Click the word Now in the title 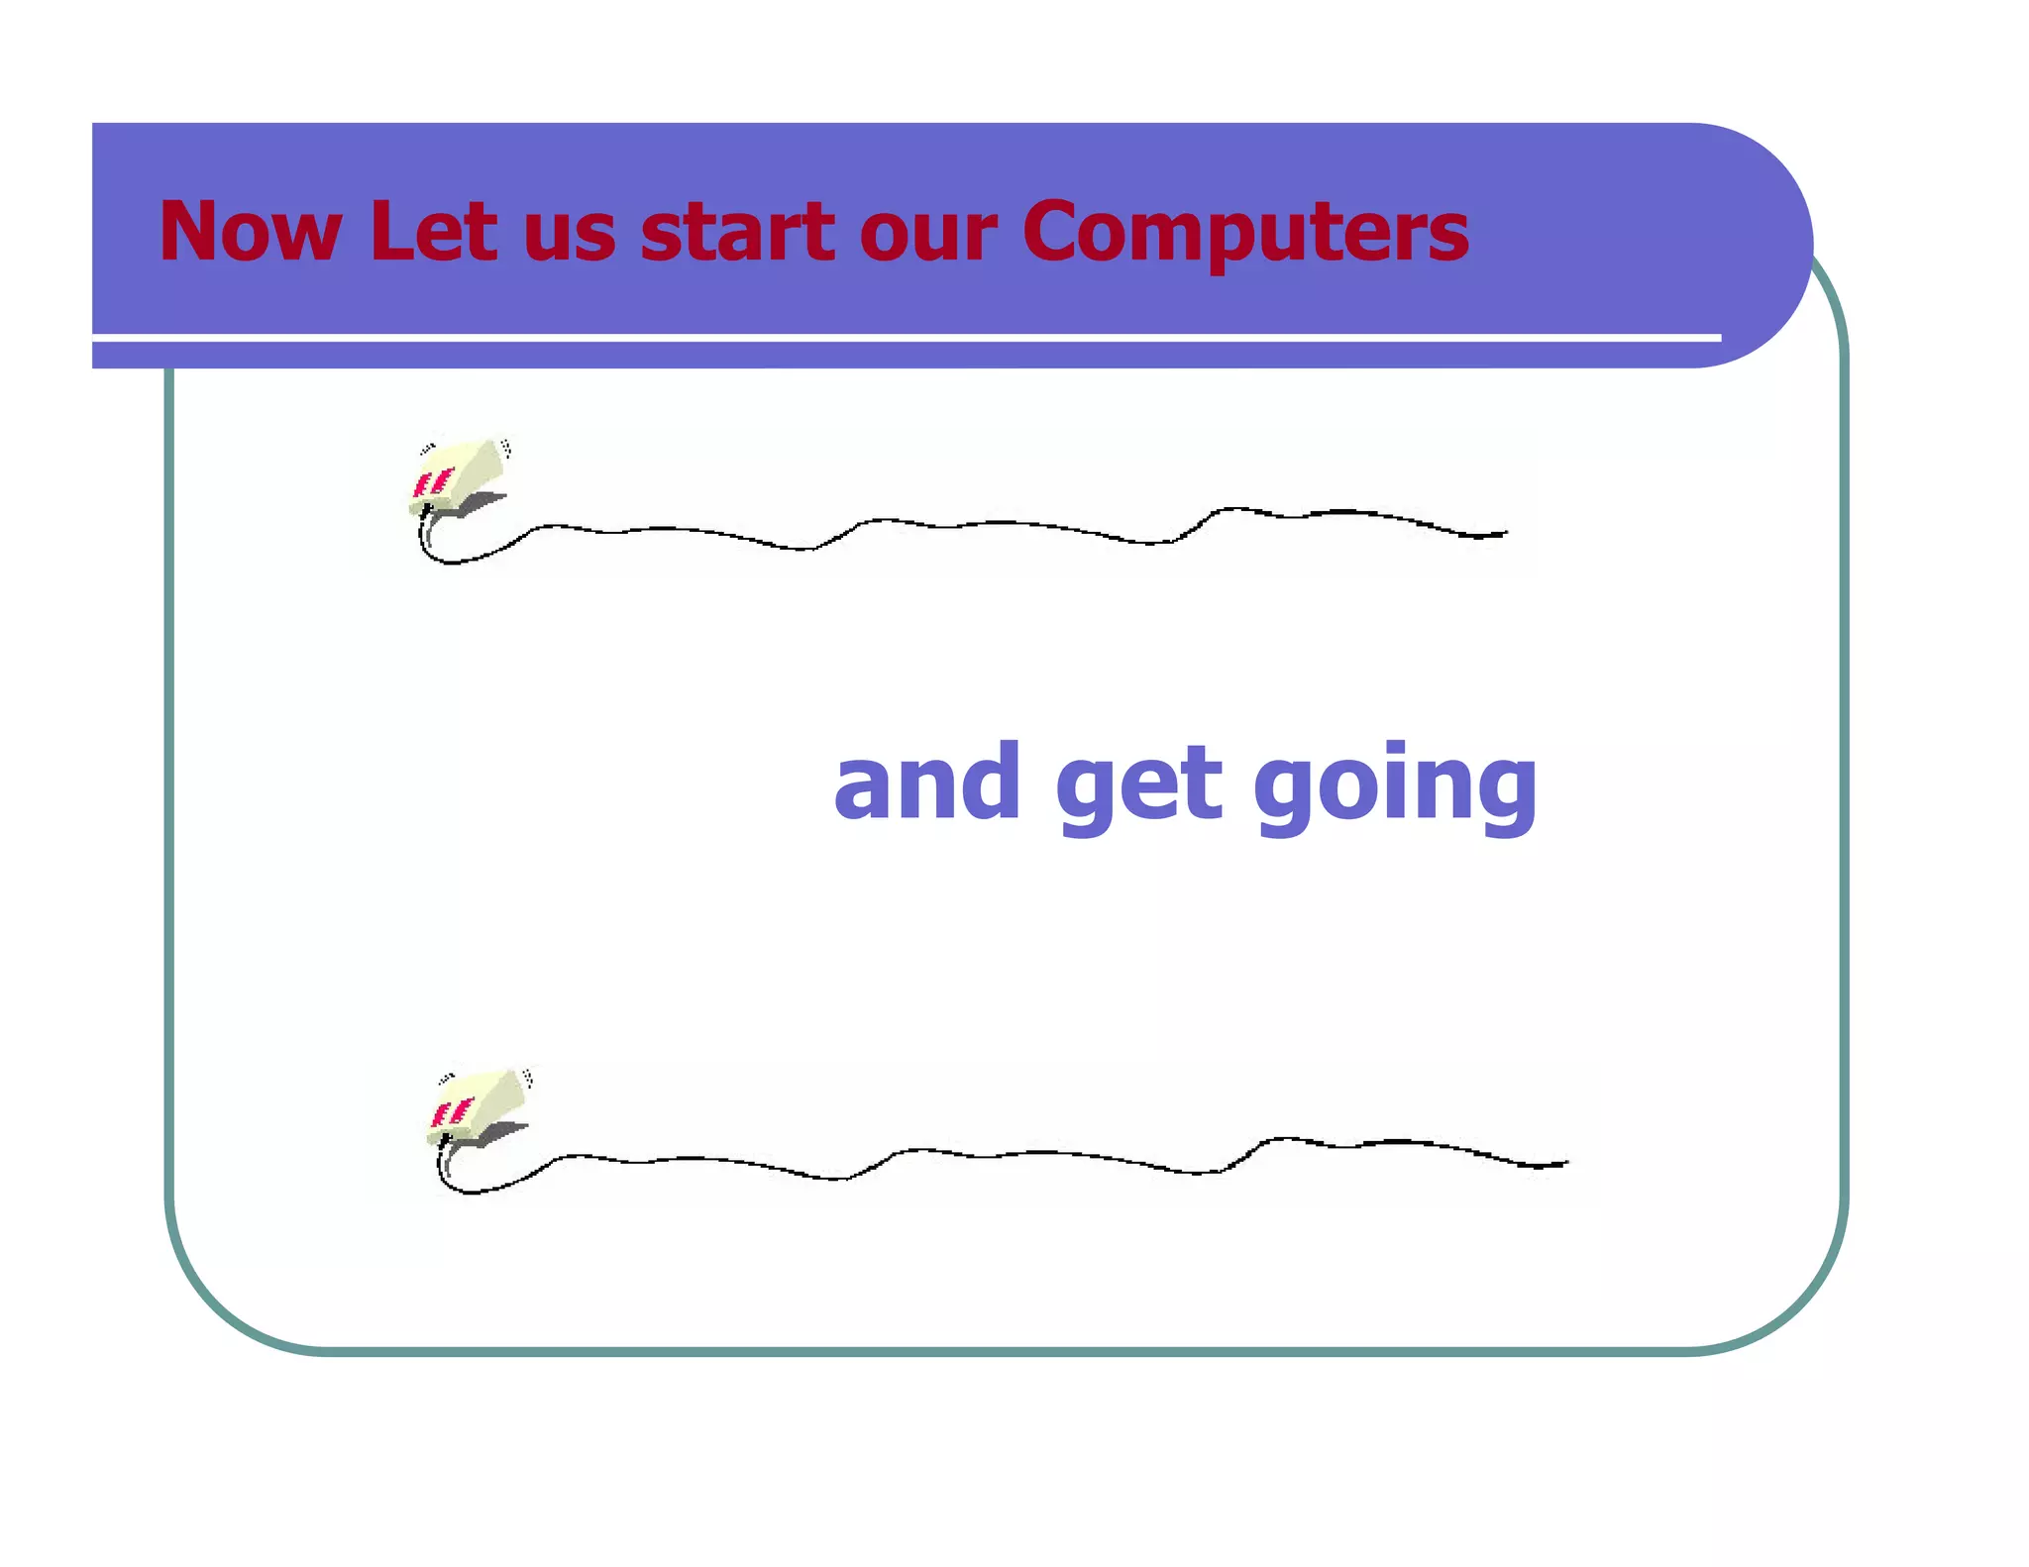[x=250, y=232]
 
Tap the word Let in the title [x=432, y=232]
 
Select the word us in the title [x=570, y=238]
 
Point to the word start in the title [x=738, y=232]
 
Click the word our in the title [x=928, y=238]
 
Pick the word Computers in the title [x=1245, y=234]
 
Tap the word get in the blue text [x=1138, y=787]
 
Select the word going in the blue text [x=1395, y=787]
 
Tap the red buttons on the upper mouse [x=433, y=483]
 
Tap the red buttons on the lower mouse [x=452, y=1112]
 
